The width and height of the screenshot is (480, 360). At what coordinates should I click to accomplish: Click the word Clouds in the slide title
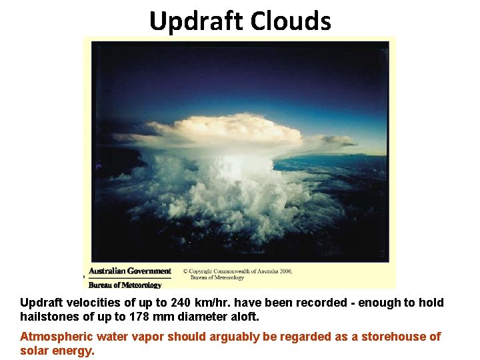tap(291, 21)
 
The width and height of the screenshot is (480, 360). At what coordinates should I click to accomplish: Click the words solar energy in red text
tap(57, 351)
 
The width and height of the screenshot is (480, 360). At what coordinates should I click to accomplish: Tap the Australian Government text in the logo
tap(130, 271)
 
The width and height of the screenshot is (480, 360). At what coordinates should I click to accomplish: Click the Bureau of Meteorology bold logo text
tap(125, 285)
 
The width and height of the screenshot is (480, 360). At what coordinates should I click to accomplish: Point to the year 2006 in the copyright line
tap(285, 272)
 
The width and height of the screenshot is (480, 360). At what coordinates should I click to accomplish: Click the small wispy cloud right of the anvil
tap(337, 141)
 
